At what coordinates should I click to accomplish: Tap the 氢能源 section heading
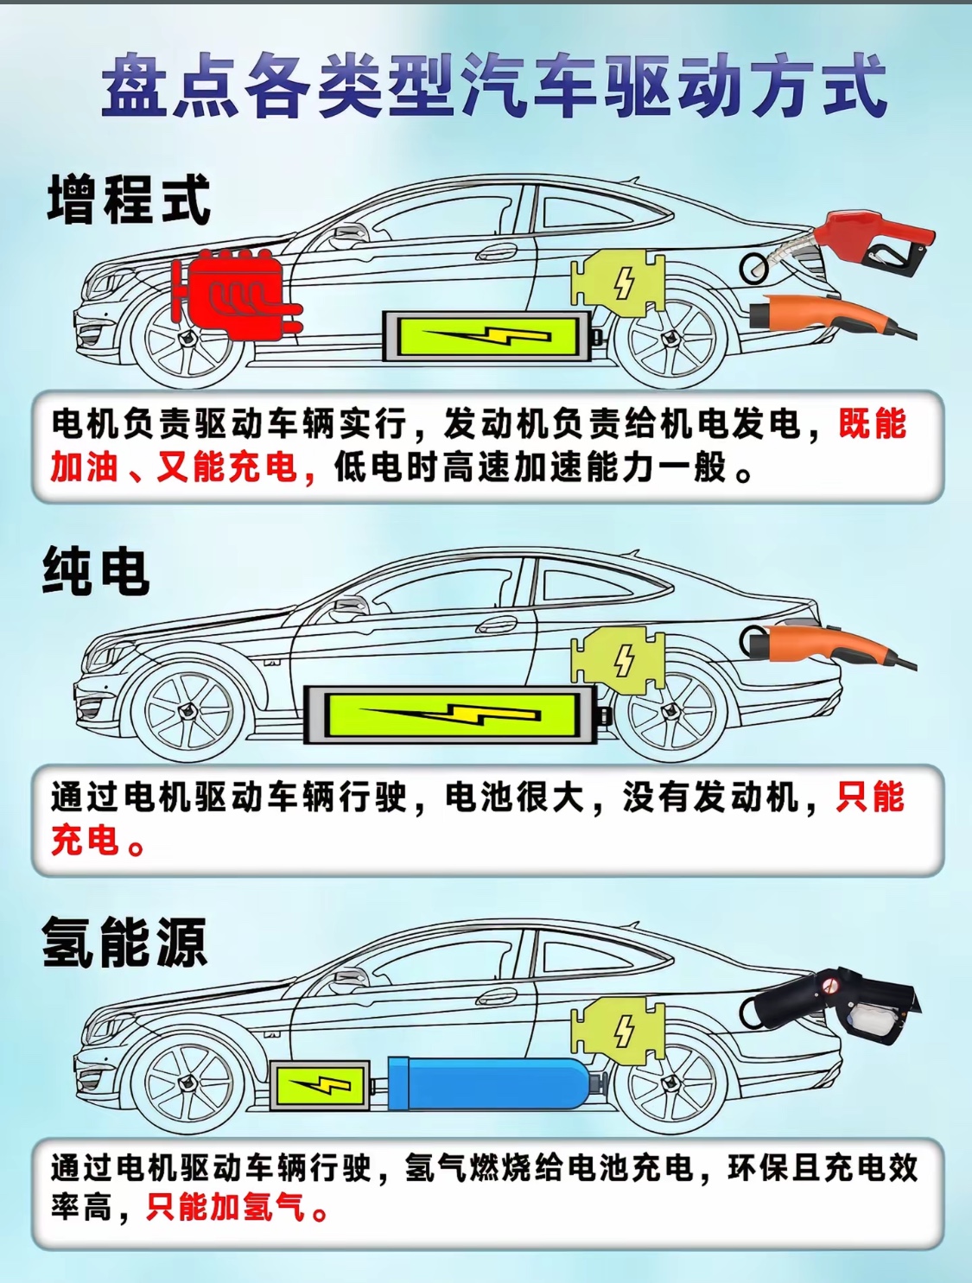[124, 942]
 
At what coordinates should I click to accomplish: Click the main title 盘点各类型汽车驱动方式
[494, 85]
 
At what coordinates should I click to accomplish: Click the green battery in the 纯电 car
[451, 715]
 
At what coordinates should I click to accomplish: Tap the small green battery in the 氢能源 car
[321, 1085]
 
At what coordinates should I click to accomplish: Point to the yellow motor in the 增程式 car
[619, 283]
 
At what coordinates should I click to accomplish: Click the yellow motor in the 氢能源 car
[619, 1031]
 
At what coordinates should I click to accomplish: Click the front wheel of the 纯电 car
[188, 712]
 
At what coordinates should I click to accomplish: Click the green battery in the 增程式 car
[486, 336]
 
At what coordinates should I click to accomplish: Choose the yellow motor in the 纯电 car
[619, 660]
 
